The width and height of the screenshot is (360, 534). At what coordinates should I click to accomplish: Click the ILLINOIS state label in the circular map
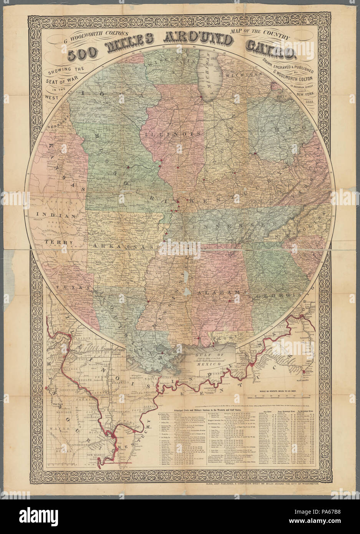point(168,135)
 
